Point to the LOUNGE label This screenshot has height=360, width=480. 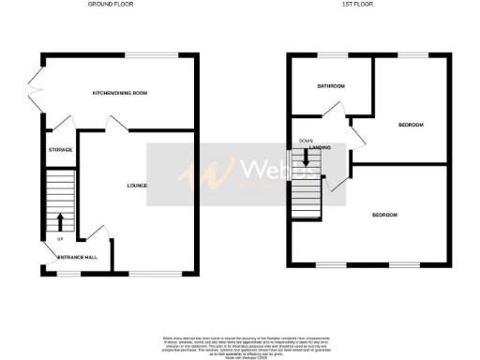tap(137, 186)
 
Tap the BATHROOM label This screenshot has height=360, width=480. tap(331, 86)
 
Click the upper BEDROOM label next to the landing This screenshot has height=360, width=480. tap(411, 125)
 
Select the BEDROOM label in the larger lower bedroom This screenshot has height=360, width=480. tap(384, 216)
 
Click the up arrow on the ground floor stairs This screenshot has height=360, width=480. tap(61, 222)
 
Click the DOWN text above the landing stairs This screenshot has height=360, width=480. tap(306, 142)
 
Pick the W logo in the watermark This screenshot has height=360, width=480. tap(213, 173)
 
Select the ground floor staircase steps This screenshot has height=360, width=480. tap(61, 202)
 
